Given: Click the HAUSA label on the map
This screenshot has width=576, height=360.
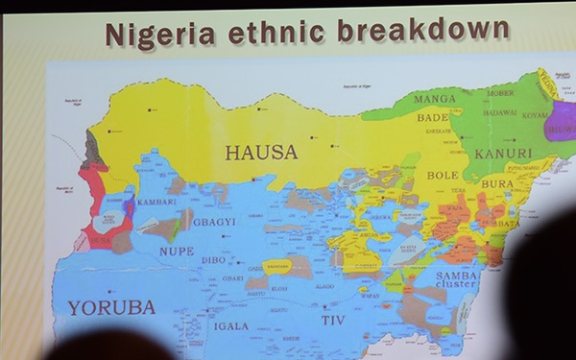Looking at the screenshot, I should point(261,152).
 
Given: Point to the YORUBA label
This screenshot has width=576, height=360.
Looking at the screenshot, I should point(110,307).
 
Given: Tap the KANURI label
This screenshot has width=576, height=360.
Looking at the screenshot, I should point(502,153).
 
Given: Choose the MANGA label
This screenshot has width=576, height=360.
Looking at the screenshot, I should point(435,99).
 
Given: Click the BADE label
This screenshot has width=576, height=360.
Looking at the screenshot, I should point(433,117).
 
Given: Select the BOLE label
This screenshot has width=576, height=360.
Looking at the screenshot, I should point(443,176).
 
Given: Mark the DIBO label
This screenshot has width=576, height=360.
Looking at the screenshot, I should point(213,259).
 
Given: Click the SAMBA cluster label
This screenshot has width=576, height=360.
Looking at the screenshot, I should point(457,280).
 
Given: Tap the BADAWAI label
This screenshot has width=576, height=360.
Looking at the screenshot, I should point(499,111).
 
